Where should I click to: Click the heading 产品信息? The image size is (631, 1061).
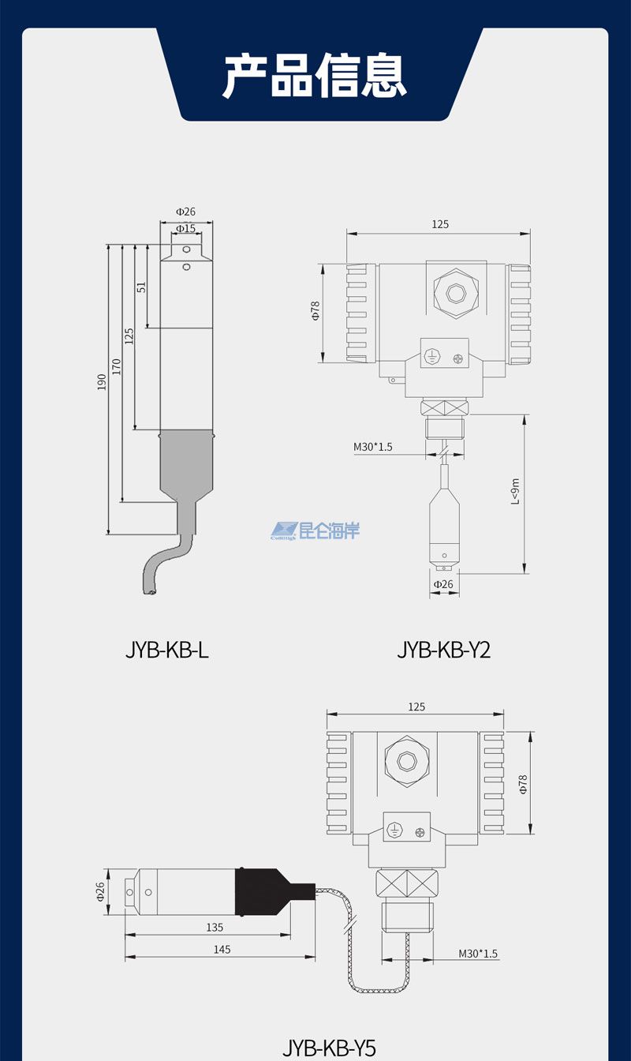point(315,76)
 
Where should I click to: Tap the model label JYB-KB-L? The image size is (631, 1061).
point(167,650)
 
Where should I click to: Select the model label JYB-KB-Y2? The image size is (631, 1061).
point(444,650)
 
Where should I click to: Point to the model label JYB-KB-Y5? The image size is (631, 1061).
point(329,1048)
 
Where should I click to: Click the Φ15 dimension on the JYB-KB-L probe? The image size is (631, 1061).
point(185,228)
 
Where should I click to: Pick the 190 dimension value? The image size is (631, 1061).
point(102,384)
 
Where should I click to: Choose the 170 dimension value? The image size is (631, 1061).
point(116,366)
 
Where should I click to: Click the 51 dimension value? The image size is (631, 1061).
point(142,287)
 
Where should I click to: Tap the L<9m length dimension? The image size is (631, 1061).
point(515,491)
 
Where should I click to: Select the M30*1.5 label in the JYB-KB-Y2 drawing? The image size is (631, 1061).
point(372,447)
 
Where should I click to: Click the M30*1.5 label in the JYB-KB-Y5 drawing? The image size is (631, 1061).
point(478,954)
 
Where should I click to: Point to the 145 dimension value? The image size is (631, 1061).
point(222,950)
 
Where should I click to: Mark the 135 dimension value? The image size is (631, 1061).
point(215,928)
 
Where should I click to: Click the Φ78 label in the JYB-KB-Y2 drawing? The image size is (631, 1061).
point(315,311)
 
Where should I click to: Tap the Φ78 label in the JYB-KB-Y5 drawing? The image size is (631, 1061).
point(522,783)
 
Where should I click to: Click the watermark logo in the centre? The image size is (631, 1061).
point(315,530)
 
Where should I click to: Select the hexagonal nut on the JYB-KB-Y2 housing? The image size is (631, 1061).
point(455,294)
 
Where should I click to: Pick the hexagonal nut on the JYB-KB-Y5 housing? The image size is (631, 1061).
point(406,762)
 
